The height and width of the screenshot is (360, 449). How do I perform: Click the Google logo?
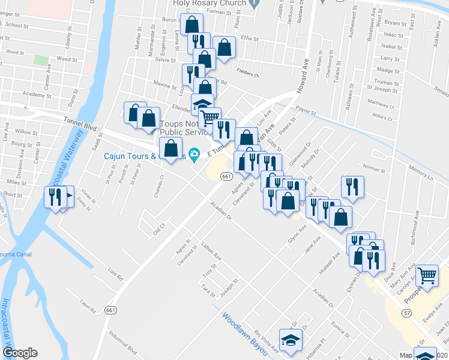(20, 353)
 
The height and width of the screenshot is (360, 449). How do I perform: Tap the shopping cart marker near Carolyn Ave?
(427, 276)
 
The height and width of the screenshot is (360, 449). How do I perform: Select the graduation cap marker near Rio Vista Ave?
(291, 340)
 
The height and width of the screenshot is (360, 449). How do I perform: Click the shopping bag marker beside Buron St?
(192, 26)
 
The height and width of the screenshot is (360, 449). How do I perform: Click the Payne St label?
(306, 112)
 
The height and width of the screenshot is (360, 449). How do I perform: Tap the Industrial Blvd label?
(122, 349)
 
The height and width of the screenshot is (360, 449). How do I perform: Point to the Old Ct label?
(158, 231)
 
